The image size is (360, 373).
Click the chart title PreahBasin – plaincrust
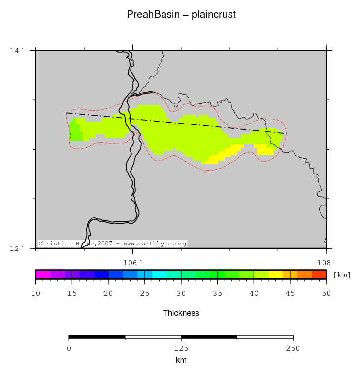181,15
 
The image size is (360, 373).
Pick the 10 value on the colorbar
36,294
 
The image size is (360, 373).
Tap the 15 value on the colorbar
72,294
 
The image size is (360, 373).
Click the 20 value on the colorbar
108,294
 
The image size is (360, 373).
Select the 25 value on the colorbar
145,294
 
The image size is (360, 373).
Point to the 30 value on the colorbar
181,294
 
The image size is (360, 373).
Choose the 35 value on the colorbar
217,294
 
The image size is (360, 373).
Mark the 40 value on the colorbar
254,294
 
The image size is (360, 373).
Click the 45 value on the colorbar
290,294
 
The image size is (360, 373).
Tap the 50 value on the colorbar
326,294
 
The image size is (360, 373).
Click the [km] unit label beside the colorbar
342,275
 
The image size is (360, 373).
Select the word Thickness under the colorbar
181,313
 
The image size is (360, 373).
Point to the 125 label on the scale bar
181,349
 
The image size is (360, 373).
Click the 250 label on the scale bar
293,349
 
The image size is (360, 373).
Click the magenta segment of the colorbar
43,275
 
